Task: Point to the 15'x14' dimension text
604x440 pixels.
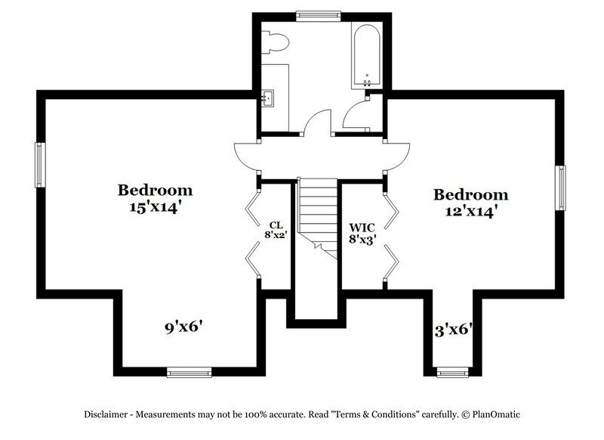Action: click(155, 206)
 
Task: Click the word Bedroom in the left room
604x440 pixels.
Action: click(155, 190)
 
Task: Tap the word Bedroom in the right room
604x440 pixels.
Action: click(470, 195)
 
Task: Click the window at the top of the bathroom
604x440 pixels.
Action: click(317, 14)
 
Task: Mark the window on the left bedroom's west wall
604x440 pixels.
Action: click(39, 164)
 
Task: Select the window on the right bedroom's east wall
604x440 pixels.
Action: click(560, 187)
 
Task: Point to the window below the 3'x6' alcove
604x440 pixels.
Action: click(453, 371)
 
